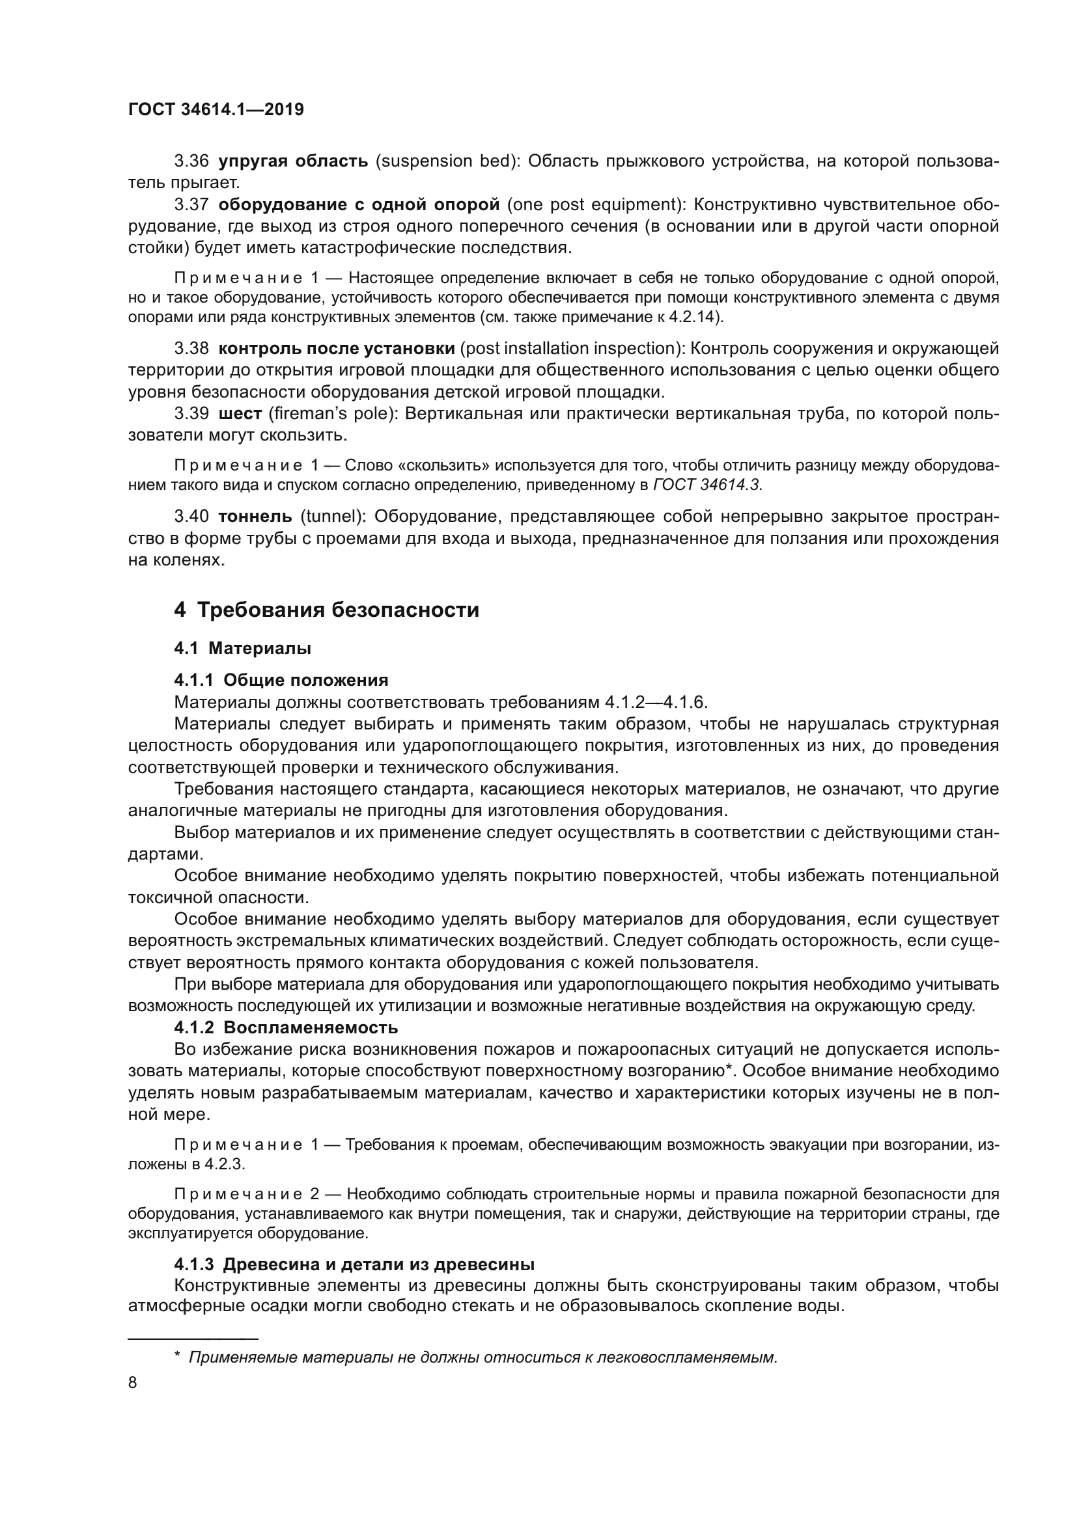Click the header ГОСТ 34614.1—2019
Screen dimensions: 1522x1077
point(216,109)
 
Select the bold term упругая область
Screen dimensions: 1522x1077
point(293,161)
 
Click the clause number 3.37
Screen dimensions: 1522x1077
point(191,205)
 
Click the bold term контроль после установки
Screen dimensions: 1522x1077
point(336,348)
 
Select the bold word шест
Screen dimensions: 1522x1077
point(240,414)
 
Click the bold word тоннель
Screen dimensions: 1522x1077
point(255,516)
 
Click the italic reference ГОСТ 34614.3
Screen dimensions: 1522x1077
point(707,485)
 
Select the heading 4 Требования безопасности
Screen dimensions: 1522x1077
point(326,609)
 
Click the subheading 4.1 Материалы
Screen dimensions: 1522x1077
point(243,647)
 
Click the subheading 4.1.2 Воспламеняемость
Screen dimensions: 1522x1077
point(286,1027)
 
